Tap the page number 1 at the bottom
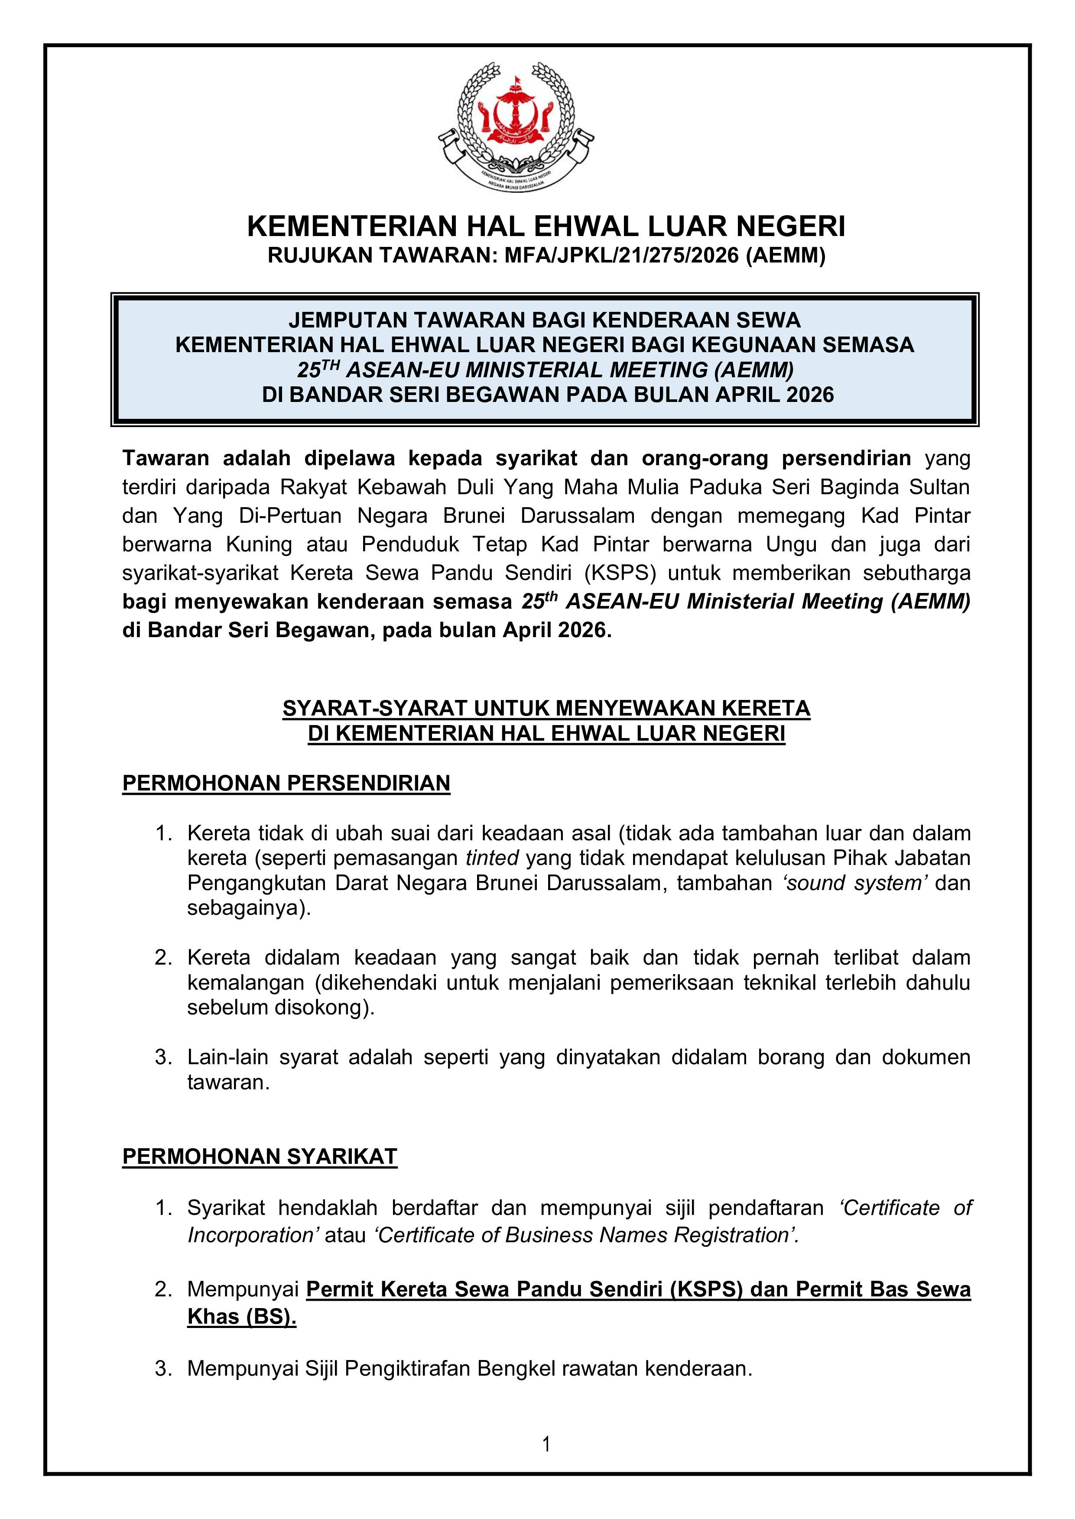546,1444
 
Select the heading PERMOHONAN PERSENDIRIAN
286,783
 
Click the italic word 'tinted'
492,858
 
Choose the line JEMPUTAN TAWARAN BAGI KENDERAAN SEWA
544,320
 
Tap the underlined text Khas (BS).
242,1317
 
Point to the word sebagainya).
249,908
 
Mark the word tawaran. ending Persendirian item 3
228,1082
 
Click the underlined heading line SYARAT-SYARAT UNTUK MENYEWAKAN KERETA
546,709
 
